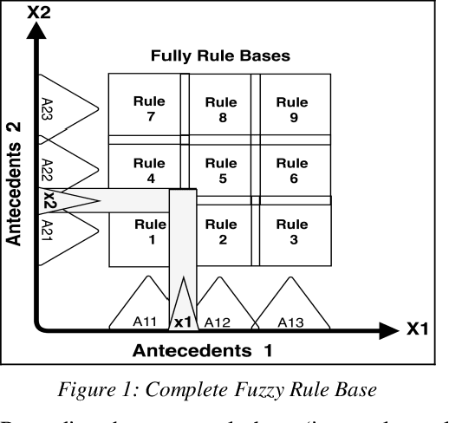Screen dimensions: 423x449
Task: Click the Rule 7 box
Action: [x=148, y=109]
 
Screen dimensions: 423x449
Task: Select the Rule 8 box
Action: [x=221, y=109]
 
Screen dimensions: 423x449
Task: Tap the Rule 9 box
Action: [x=292, y=109]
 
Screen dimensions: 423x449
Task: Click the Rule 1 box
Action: [x=146, y=232]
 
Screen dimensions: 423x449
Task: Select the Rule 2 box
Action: [x=221, y=232]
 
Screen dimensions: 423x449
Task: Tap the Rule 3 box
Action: [x=292, y=232]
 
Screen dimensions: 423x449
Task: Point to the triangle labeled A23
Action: [x=65, y=108]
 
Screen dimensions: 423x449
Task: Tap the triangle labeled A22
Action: [x=65, y=165]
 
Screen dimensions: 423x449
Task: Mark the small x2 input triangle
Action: [x=65, y=200]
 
